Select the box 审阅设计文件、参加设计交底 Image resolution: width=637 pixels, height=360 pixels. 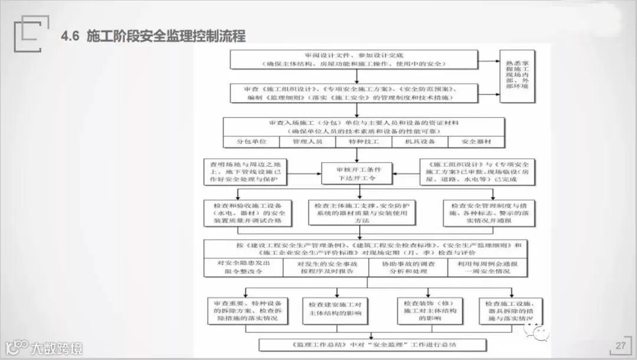pyautogui.click(x=353, y=59)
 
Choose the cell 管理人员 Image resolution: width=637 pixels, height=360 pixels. pyautogui.click(x=307, y=142)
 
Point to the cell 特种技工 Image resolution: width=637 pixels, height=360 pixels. pyautogui.click(x=363, y=142)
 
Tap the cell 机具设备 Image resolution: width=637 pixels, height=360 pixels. pyautogui.click(x=419, y=142)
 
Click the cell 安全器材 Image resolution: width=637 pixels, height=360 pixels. pyautogui.click(x=476, y=142)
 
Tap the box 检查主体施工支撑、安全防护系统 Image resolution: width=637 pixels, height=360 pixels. pyautogui.click(x=362, y=212)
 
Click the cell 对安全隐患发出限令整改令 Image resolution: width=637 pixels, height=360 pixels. pyautogui.click(x=242, y=267)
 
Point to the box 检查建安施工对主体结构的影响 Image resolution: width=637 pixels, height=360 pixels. pyautogui.click(x=335, y=309)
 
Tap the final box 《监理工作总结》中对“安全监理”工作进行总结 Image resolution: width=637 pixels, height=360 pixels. pyautogui.click(x=373, y=344)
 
